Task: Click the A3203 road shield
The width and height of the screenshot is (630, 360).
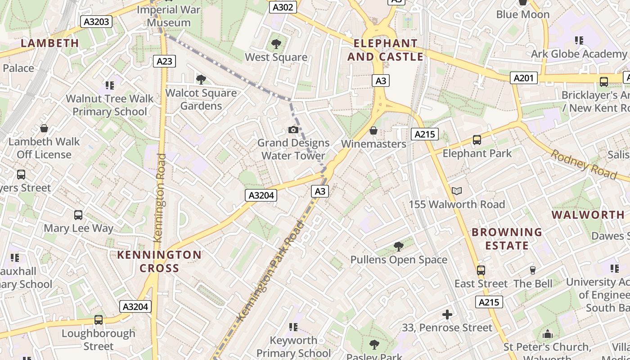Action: point(96,22)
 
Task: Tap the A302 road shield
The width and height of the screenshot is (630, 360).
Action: point(283,7)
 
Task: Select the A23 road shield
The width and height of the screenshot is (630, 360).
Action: point(164,61)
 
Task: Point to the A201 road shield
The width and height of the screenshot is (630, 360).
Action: point(524,78)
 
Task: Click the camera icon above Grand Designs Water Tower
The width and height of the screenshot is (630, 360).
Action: point(293,130)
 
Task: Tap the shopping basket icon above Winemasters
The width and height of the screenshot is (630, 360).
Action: point(373,131)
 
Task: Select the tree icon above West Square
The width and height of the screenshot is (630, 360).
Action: point(276,44)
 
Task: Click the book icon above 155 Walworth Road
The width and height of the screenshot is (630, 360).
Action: point(457,191)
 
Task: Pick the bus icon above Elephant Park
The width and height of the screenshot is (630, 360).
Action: point(477,140)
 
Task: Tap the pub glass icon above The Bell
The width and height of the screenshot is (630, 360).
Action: point(533,270)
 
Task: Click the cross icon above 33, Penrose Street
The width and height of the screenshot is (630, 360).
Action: point(447,314)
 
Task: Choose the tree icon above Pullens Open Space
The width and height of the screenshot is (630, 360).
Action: point(398,246)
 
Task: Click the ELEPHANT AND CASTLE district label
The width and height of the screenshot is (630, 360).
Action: point(385,50)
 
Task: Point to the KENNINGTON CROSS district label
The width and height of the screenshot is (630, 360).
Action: point(159,261)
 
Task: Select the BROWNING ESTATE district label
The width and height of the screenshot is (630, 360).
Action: point(507,239)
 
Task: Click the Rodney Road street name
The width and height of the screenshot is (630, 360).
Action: point(584,164)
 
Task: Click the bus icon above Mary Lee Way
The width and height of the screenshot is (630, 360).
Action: point(78,215)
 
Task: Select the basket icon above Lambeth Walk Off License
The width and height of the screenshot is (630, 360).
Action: point(44,129)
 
